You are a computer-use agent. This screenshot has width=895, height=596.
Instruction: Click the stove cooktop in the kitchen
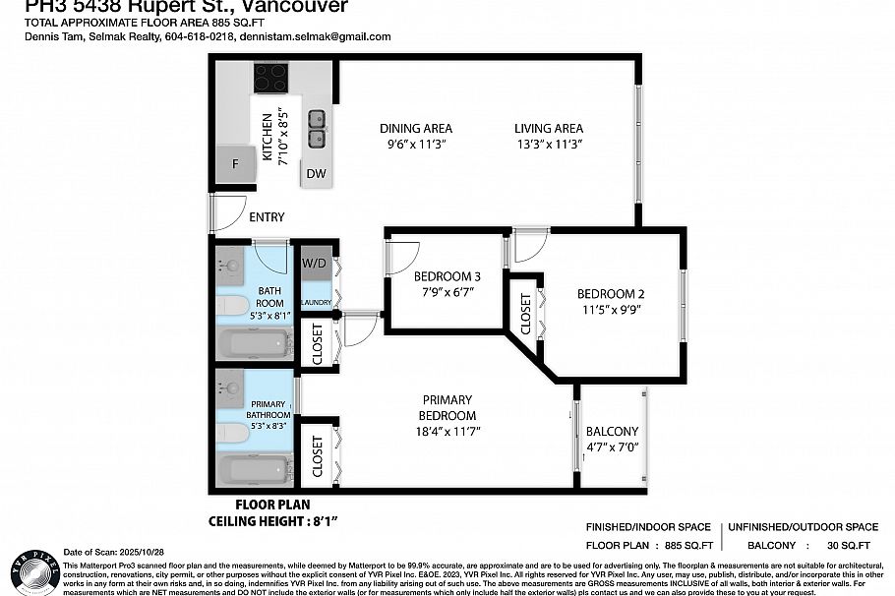coord(269,77)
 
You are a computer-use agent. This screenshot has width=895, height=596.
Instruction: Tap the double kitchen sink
coord(318,127)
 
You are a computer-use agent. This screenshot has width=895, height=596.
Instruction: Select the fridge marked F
coord(234,163)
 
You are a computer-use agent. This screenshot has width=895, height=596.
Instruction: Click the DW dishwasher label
coord(316,174)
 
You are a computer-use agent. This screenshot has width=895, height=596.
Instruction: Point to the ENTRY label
coord(267,217)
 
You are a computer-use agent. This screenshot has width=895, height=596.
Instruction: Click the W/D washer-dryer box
coord(314,263)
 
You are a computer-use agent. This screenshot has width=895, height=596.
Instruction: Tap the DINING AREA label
coord(416,129)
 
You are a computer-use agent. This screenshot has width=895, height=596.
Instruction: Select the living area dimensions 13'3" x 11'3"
coord(548,145)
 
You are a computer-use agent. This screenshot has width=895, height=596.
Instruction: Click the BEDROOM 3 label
coord(447,275)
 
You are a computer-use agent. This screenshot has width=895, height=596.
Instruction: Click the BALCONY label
coord(612,432)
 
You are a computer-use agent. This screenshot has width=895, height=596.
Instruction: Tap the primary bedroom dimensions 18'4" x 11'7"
coord(447,431)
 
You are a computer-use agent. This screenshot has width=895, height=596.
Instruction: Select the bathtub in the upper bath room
coord(254,344)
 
